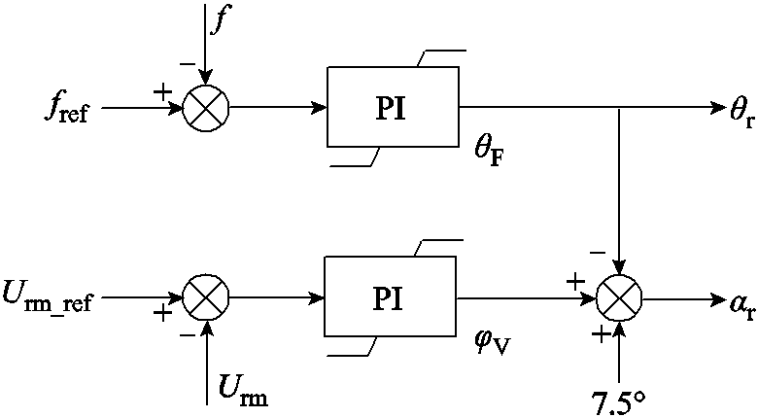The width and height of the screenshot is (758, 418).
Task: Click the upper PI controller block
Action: [x=393, y=107]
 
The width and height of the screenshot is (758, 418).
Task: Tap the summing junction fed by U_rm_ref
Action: [x=205, y=297]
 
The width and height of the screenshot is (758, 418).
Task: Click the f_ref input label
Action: [x=62, y=107]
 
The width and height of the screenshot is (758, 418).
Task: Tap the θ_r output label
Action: [x=741, y=109]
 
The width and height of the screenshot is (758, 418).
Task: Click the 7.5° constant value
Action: [x=620, y=399]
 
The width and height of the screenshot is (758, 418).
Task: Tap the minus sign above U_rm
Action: [x=187, y=334]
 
